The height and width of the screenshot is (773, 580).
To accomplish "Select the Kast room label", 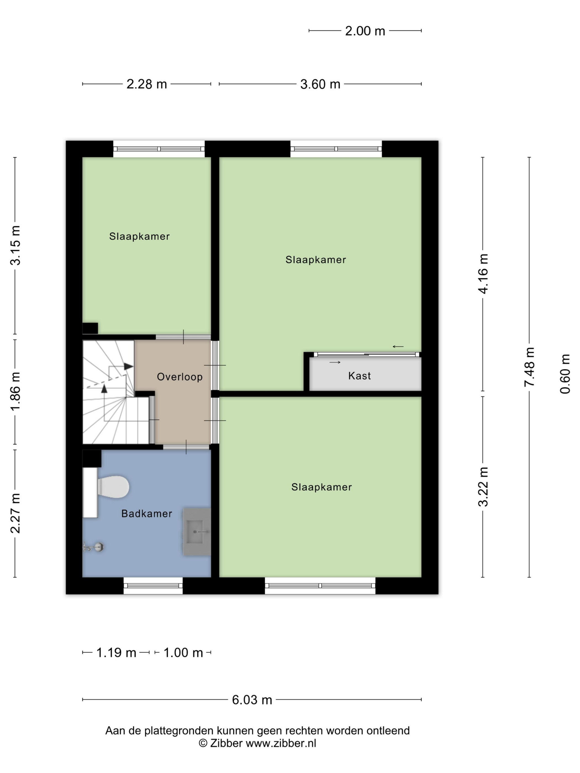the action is pyautogui.click(x=359, y=376).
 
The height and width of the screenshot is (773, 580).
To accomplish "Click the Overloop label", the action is pyautogui.click(x=180, y=377).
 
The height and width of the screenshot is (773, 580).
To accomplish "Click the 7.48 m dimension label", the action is pyautogui.click(x=529, y=367).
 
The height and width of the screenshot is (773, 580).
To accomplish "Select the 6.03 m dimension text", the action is pyautogui.click(x=252, y=700).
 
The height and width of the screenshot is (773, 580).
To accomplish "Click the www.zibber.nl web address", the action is pyautogui.click(x=281, y=743).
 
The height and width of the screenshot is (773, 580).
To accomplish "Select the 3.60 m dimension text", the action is pyautogui.click(x=320, y=84).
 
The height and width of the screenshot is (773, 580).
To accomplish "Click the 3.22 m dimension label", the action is pyautogui.click(x=483, y=487).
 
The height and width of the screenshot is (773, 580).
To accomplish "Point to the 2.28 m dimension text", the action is pyautogui.click(x=146, y=84).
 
